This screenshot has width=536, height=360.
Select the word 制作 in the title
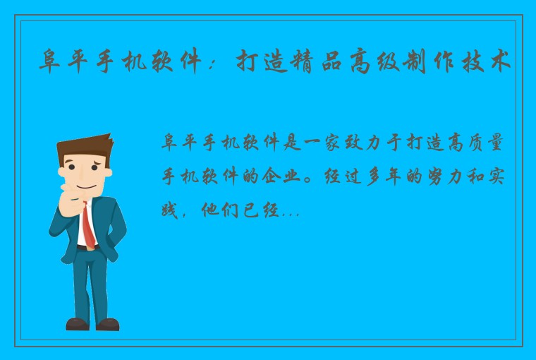[x=445, y=63]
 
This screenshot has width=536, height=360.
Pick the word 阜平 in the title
[x=68, y=63]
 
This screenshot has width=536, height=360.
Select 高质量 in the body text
[x=476, y=143]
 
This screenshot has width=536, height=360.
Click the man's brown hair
[x=81, y=145]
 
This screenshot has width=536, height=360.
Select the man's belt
[x=85, y=248]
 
